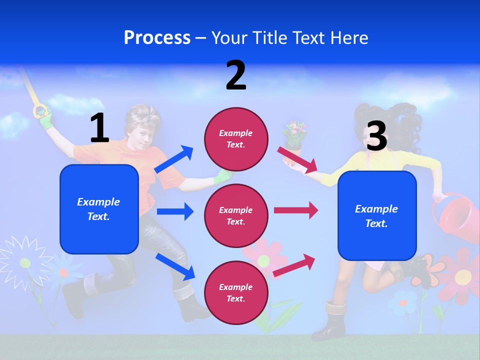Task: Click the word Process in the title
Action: pos(157,38)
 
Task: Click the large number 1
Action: pos(99,128)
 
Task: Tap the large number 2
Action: pos(236,75)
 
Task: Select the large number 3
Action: pos(376,136)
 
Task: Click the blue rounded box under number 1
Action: pos(99,209)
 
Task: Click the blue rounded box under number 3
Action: pos(377,216)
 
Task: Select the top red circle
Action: pos(236,139)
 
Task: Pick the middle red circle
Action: pos(236,216)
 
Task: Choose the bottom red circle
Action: pos(236,293)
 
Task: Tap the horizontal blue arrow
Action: pos(175,211)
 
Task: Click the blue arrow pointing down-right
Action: pos(175,266)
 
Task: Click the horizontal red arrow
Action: pos(296,210)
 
